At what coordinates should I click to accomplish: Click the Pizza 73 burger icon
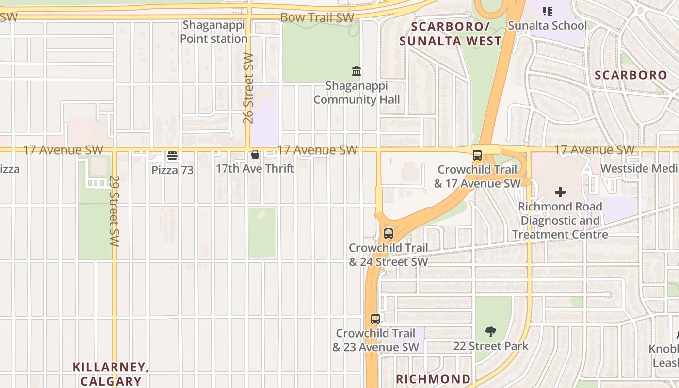172,156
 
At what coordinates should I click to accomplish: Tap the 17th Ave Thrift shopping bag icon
255,155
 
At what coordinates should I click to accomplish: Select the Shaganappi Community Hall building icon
356,71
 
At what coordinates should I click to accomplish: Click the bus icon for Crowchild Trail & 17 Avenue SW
477,155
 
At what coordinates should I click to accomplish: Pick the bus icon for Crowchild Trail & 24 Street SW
388,234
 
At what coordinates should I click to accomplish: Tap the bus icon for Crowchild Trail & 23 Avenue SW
375,319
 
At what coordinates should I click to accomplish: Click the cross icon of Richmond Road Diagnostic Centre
560,192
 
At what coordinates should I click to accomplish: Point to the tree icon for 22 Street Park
491,332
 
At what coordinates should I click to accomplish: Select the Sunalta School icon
548,11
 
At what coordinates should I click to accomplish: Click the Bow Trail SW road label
317,17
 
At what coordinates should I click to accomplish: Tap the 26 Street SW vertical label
248,88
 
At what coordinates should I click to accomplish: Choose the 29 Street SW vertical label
114,211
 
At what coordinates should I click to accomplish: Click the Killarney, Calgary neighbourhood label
111,373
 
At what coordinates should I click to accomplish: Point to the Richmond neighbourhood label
433,379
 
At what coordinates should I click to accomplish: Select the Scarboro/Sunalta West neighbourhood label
451,33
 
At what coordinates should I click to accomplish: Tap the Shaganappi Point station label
214,32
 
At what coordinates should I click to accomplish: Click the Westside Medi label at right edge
639,168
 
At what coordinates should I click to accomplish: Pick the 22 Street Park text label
491,346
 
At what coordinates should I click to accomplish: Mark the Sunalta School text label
547,25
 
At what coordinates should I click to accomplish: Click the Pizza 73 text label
172,170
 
